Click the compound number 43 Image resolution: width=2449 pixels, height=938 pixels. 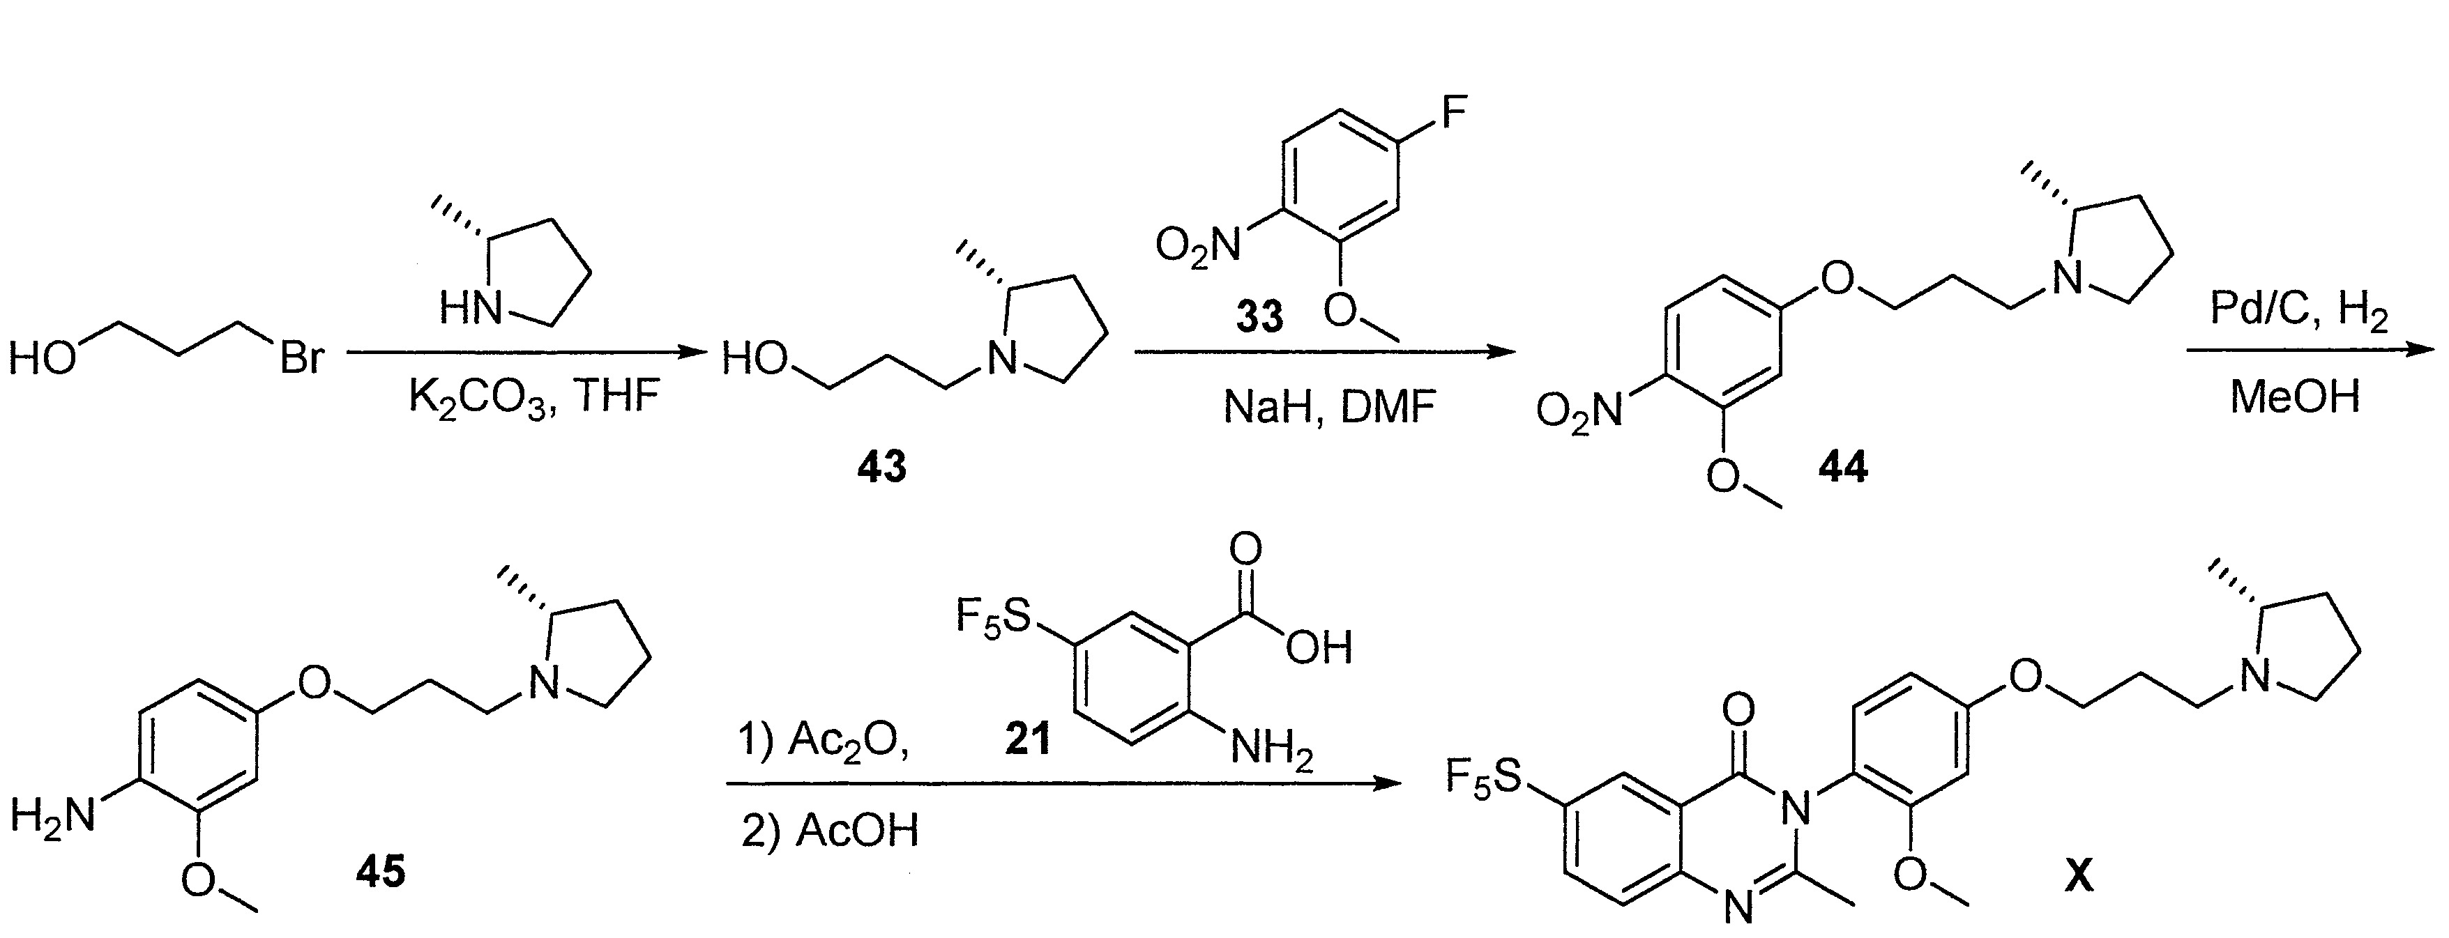tap(881, 468)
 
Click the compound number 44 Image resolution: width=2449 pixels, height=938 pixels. tap(1842, 468)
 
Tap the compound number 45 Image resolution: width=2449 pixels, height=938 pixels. tap(380, 870)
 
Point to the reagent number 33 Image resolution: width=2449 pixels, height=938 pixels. tap(1259, 316)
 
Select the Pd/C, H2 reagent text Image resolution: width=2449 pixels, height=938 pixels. tap(2298, 311)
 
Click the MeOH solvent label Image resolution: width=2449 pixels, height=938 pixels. tap(2295, 395)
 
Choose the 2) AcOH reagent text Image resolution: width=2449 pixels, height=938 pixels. tap(830, 830)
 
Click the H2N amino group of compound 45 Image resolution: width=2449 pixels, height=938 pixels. tap(53, 815)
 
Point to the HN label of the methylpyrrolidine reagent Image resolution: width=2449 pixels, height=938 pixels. tap(471, 308)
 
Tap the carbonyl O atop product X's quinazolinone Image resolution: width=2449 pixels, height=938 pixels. tap(1738, 708)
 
